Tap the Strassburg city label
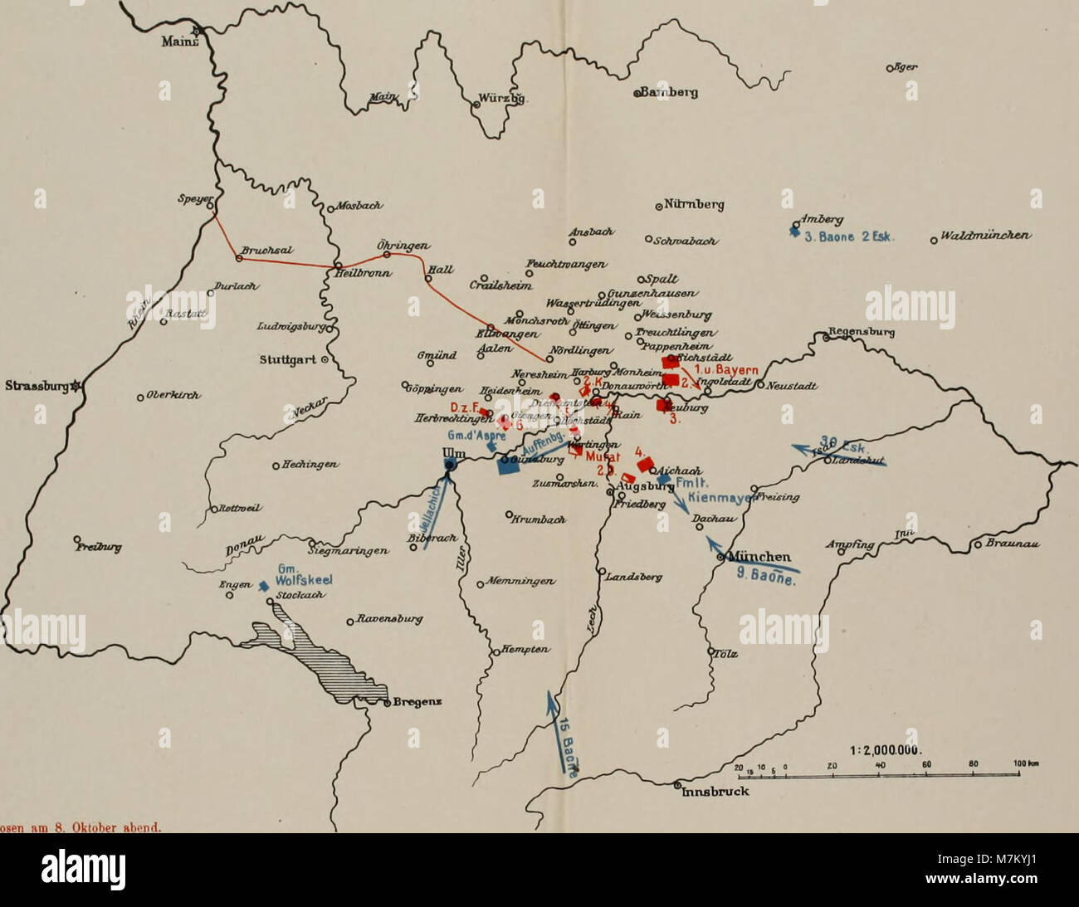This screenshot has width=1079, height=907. [x=35, y=386]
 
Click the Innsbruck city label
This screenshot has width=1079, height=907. [x=715, y=791]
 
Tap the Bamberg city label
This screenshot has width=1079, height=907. [x=670, y=93]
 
